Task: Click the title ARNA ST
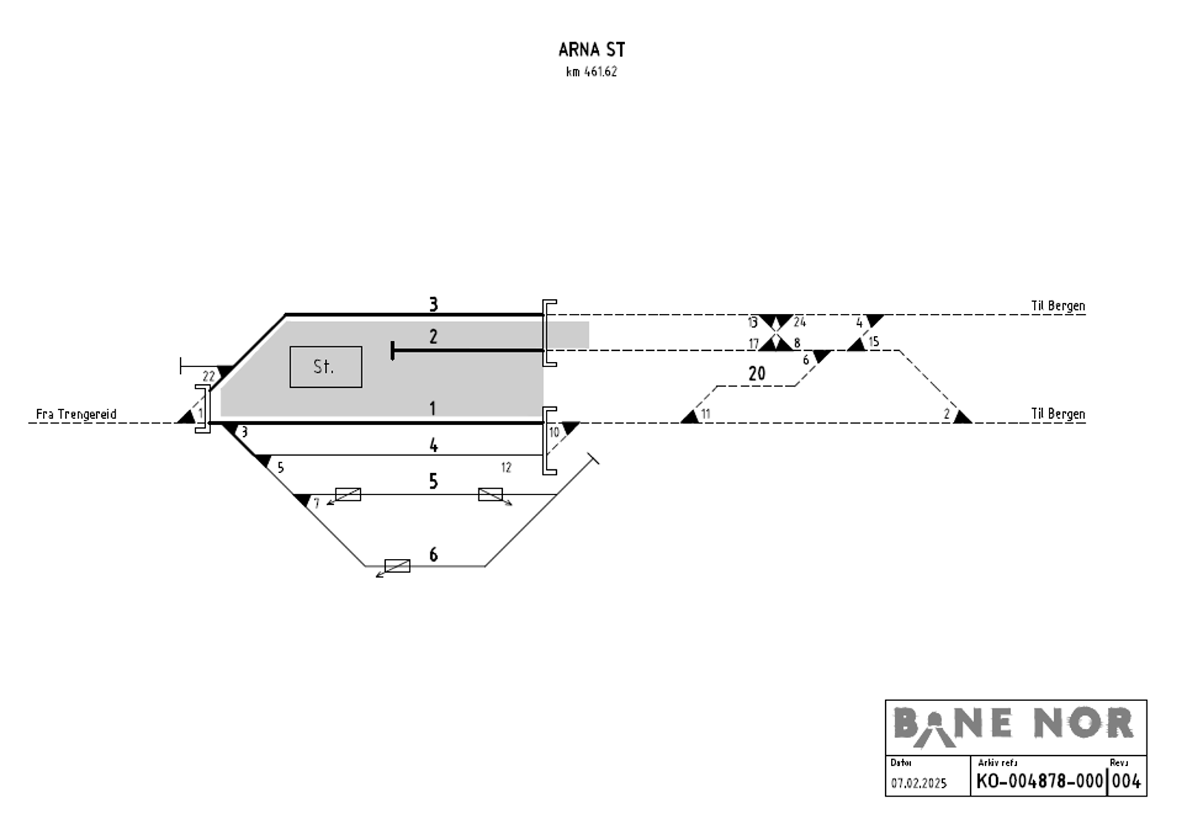point(591,50)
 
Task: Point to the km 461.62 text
point(591,72)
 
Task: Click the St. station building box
point(325,366)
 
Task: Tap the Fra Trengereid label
point(76,414)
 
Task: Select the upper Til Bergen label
point(1058,306)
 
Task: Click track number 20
point(756,374)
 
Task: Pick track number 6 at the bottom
point(433,554)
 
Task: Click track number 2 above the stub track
point(433,337)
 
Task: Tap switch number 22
point(209,376)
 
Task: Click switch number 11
point(705,414)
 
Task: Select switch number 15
point(874,342)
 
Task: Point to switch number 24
point(799,322)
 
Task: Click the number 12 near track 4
point(506,467)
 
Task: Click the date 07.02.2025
point(918,783)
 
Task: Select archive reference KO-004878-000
point(1039,781)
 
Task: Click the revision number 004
point(1126,781)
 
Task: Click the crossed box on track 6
point(398,566)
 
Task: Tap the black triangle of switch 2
point(961,417)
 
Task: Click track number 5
point(433,482)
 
